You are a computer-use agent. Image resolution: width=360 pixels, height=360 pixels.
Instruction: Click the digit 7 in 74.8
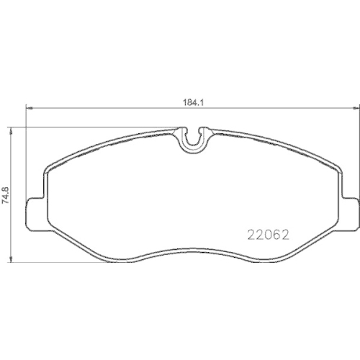[6, 206]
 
